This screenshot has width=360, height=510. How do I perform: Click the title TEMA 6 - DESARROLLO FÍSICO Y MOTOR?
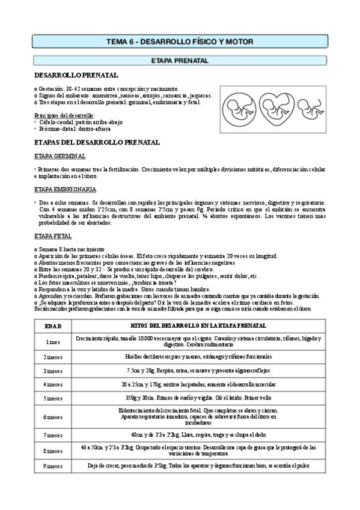click(x=180, y=41)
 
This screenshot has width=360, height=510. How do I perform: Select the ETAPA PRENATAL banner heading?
click(x=180, y=61)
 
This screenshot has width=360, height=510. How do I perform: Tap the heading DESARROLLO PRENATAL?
click(x=76, y=75)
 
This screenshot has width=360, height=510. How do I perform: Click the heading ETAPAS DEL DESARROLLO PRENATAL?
click(x=88, y=143)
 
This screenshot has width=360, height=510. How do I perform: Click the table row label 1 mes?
click(x=53, y=341)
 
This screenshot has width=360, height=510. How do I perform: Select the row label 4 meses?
click(x=53, y=384)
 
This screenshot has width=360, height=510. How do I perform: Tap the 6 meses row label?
click(x=53, y=416)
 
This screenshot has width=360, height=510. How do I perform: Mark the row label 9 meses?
click(x=53, y=466)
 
